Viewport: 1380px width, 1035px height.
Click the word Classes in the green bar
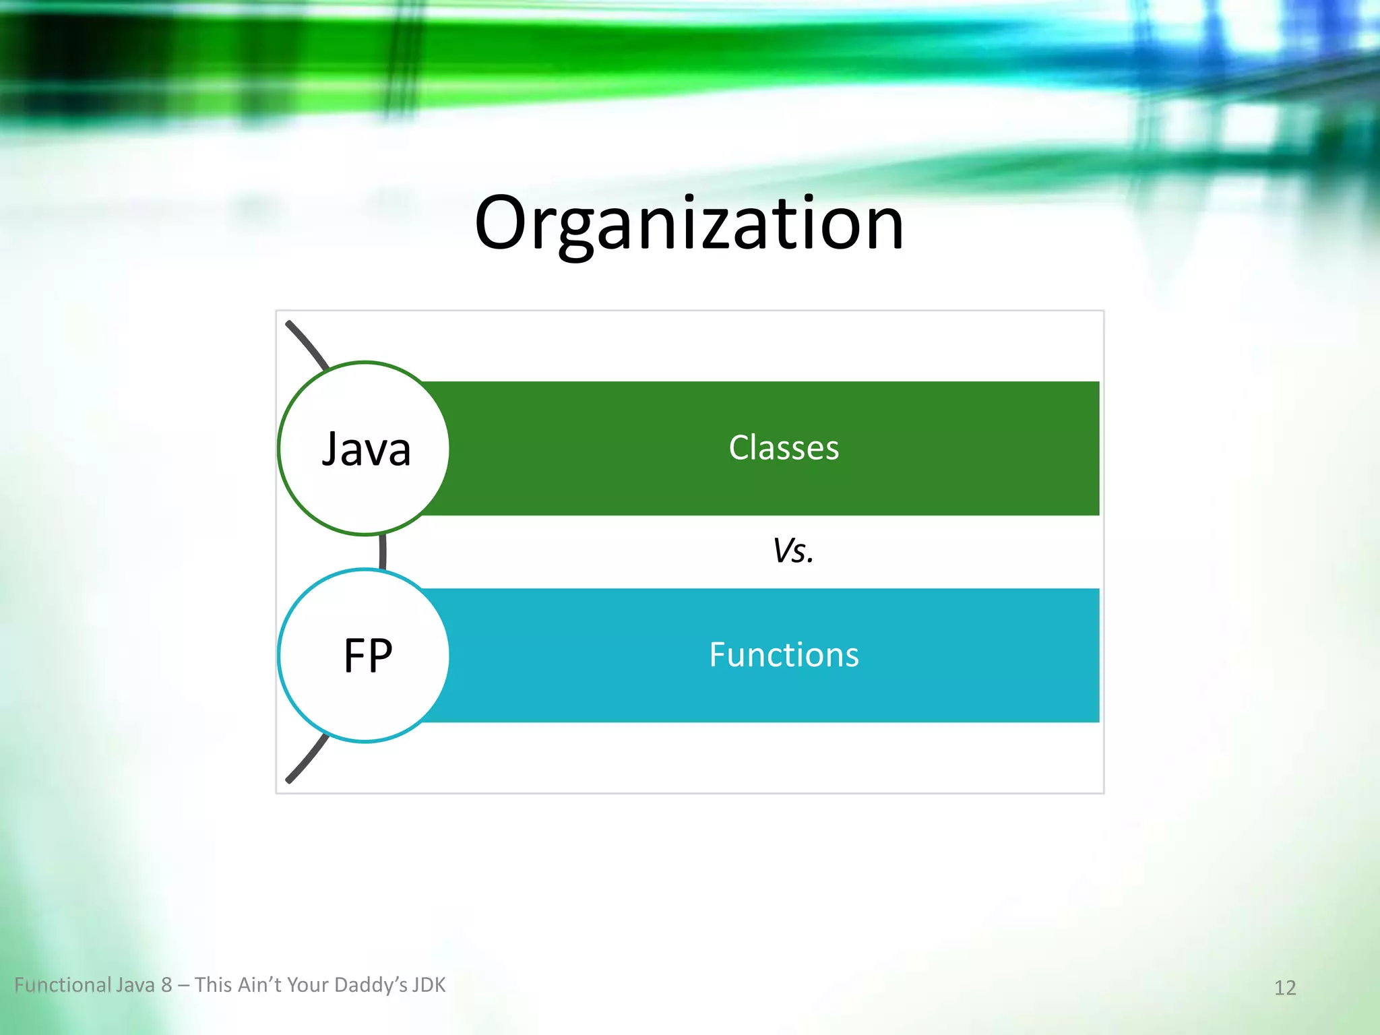[784, 448]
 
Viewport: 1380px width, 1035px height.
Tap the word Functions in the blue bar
[784, 655]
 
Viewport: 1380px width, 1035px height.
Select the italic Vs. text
[793, 551]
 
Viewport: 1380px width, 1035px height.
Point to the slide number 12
[1284, 988]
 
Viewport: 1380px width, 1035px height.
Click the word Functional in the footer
[63, 985]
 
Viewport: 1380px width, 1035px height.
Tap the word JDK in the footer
[429, 985]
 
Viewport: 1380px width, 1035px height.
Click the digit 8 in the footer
[166, 985]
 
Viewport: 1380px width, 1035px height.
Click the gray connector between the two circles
[383, 552]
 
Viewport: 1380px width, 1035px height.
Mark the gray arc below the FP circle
[307, 759]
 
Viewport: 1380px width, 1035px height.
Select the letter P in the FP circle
[380, 656]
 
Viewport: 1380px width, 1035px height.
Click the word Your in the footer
[308, 985]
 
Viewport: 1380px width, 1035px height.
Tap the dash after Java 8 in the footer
[183, 986]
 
